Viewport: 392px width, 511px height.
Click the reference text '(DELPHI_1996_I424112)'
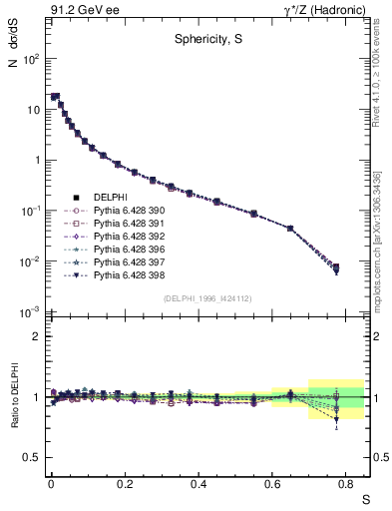point(205,297)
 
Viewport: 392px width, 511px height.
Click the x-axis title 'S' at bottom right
point(365,498)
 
